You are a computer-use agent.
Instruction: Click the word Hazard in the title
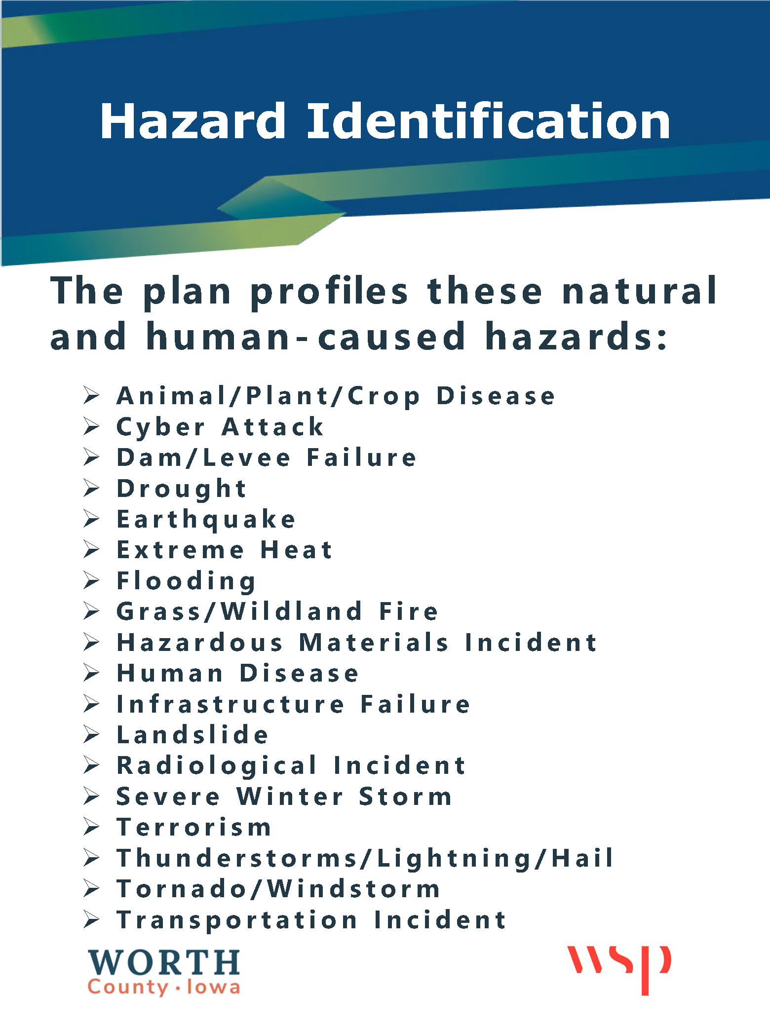tap(193, 121)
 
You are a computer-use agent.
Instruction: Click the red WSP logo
tap(619, 969)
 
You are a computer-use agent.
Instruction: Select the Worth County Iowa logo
tap(164, 972)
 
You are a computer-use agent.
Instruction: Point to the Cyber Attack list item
tap(220, 427)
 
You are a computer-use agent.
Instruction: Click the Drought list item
tap(181, 489)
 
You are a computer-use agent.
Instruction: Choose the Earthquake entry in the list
tap(206, 519)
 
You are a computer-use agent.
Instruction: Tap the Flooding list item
tap(186, 581)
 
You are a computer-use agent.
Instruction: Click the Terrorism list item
tap(194, 827)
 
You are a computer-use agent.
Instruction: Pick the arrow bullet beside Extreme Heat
tap(91, 549)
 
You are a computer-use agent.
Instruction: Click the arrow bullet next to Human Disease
tap(91, 673)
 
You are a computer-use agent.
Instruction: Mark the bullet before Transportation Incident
tap(91, 919)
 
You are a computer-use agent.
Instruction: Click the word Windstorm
tap(353, 889)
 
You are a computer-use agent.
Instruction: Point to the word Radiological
tap(217, 765)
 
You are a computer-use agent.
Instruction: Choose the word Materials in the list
tap(374, 642)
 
